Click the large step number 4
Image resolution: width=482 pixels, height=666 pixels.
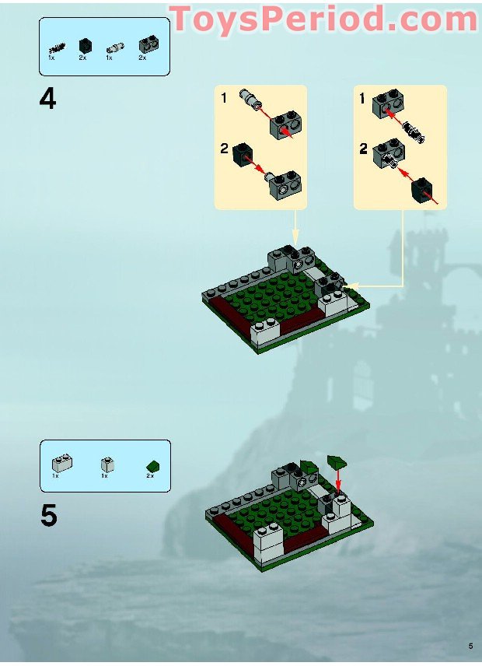(x=48, y=100)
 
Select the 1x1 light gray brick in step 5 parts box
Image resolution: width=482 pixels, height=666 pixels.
(x=107, y=464)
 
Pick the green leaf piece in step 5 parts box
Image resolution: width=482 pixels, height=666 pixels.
(x=152, y=465)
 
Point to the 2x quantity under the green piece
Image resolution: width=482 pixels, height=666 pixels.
(x=150, y=475)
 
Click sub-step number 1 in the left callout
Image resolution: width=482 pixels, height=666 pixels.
(x=223, y=98)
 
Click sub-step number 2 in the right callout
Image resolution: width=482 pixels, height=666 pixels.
(x=363, y=149)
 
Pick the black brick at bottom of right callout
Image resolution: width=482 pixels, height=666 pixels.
(x=422, y=188)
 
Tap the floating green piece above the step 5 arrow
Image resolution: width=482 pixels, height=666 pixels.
(x=337, y=460)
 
